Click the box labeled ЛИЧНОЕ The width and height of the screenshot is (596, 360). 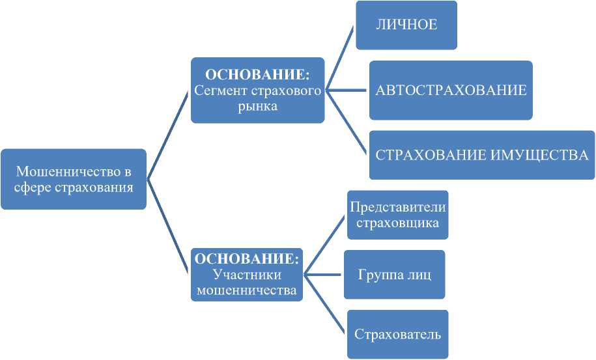[406, 25]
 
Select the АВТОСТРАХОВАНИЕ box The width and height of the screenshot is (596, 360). [451, 90]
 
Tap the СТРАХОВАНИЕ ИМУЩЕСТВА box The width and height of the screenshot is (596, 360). [481, 155]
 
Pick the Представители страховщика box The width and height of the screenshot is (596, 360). [397, 215]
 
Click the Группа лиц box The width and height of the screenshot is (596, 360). [394, 274]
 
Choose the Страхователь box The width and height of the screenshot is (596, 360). [398, 335]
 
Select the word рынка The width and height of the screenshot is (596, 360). [258, 106]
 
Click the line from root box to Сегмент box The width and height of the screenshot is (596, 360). [169, 134]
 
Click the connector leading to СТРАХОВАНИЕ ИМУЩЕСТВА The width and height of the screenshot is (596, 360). [347, 122]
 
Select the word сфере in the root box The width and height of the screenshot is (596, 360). [35, 187]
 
